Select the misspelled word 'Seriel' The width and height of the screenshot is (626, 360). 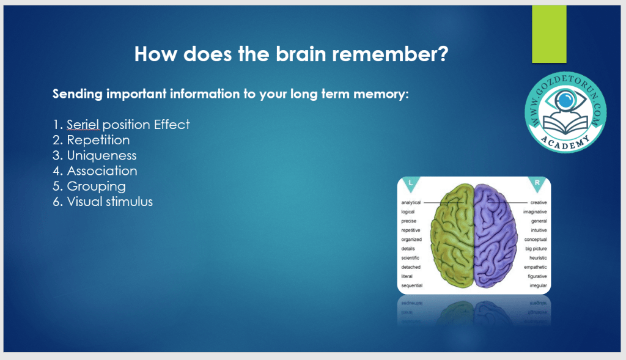coord(83,125)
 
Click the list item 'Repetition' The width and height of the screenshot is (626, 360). coord(98,140)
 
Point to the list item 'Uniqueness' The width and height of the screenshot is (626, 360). coord(101,155)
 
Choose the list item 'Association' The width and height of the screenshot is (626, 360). coord(102,171)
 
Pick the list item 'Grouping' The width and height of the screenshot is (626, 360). coord(96,186)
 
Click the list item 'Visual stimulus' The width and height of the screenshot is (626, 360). coord(110,202)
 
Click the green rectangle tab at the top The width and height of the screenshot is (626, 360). coord(549,34)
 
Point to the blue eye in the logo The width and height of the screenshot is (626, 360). coord(565,100)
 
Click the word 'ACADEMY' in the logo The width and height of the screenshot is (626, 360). coord(564,142)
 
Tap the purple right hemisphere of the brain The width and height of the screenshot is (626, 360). coord(496,235)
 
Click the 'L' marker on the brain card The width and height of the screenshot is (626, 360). coord(410,183)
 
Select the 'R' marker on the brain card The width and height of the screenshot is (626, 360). coord(537,183)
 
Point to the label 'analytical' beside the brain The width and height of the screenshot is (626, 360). coord(411,203)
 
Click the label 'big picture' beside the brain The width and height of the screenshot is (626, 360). coord(536,249)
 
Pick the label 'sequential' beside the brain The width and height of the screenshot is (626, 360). coord(411,286)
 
